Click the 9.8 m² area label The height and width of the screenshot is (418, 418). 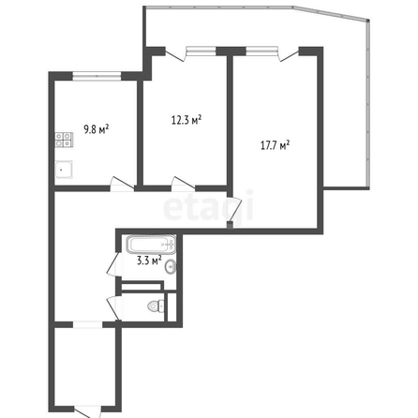coord(97,129)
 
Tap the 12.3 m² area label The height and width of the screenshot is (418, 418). coord(187,120)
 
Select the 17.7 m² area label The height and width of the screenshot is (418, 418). coord(275,145)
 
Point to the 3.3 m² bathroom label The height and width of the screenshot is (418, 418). coord(149,261)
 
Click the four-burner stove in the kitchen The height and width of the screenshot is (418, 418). coord(64,140)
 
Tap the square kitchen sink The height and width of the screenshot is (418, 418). coord(64,170)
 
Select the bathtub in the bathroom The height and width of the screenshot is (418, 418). coord(152,245)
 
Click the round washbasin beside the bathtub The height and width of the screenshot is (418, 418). coord(171,267)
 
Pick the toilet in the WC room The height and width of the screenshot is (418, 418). coord(156,306)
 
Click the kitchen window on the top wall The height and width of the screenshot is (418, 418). coord(97,76)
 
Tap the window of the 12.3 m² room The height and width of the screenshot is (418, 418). coord(201,51)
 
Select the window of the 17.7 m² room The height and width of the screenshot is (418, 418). coord(261,51)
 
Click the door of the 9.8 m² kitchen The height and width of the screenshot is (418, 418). coord(122,184)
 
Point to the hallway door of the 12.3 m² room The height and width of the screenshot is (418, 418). coord(184,184)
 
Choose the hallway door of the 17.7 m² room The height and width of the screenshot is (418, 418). coord(234,209)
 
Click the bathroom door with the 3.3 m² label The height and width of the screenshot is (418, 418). coord(114,264)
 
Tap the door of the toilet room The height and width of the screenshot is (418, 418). coord(114,307)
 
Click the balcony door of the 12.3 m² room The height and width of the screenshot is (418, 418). coord(175,54)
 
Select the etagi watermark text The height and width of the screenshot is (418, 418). coord(208,208)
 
